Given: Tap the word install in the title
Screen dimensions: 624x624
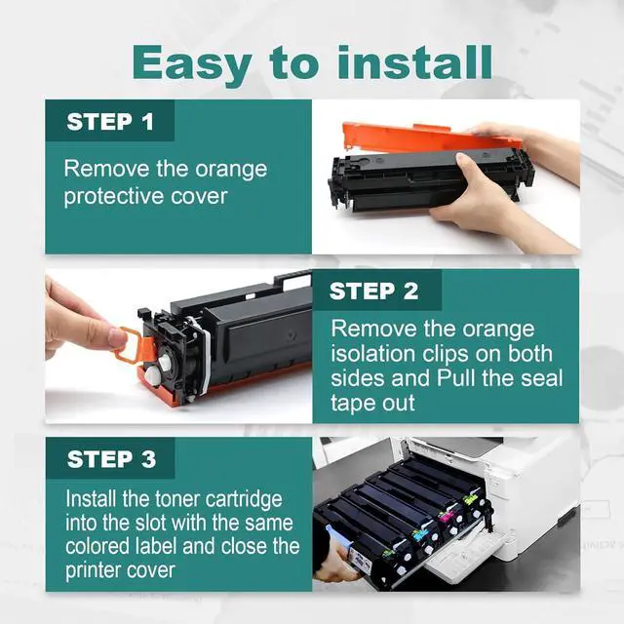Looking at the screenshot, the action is click(x=415, y=62).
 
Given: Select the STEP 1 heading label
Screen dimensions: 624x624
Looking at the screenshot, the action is click(x=110, y=121).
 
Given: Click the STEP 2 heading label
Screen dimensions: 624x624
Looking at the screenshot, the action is click(x=373, y=291).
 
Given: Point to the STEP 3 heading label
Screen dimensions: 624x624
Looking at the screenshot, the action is click(x=111, y=459).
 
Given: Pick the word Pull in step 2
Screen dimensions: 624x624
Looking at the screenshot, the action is click(x=456, y=377).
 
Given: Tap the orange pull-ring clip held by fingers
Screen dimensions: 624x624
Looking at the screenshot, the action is click(x=134, y=346).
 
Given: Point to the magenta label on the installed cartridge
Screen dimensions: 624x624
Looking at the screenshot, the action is click(x=446, y=516).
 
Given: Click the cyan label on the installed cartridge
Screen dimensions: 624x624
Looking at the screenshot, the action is click(x=420, y=534).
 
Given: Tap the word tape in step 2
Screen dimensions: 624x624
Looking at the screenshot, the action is click(x=353, y=403).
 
